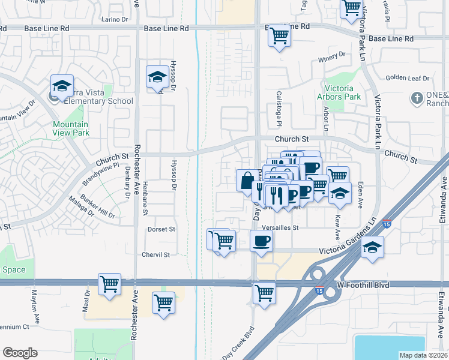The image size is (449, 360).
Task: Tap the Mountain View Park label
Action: click(70, 128)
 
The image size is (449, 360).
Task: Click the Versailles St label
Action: click(280, 228)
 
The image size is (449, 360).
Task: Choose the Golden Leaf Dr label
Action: click(408, 78)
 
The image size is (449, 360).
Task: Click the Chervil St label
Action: click(156, 254)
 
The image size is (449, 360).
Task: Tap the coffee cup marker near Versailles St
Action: click(261, 241)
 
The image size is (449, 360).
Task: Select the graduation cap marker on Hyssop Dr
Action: click(157, 77)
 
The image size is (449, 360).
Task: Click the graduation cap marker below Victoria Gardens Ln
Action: click(373, 248)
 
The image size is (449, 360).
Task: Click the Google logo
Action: click(20, 353)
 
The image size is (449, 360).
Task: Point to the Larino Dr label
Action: click(115, 19)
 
